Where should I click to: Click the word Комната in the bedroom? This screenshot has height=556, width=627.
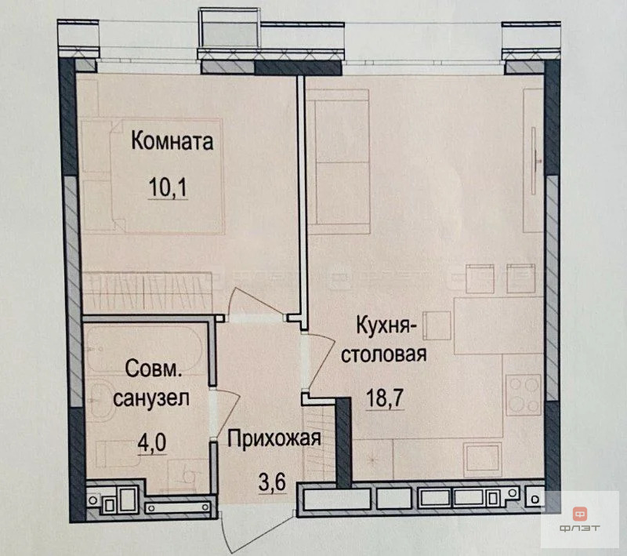(172, 143)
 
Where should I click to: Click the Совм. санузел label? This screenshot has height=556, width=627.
(151, 382)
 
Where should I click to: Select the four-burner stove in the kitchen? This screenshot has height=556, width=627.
(523, 392)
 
